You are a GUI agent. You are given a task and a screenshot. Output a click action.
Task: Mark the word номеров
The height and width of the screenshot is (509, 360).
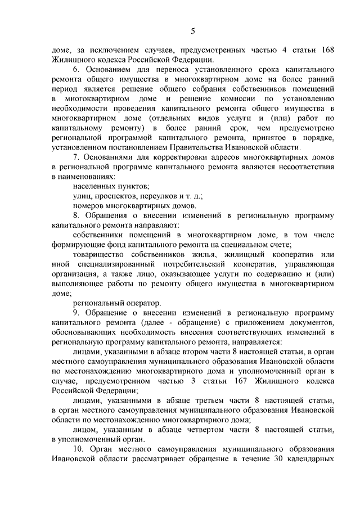click(88, 207)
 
